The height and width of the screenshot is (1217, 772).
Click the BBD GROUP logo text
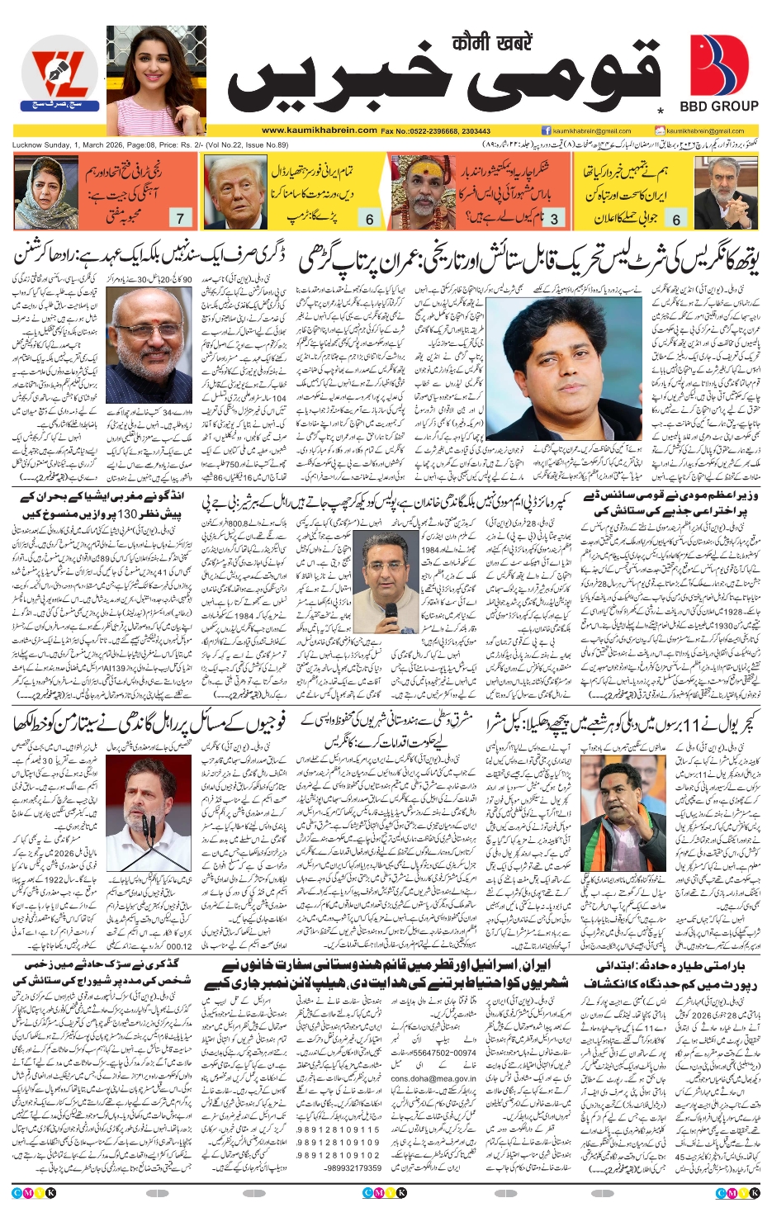[718, 106]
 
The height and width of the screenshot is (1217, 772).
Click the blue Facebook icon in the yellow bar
[546, 130]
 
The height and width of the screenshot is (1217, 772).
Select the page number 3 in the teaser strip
[554, 219]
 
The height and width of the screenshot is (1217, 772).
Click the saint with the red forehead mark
[422, 186]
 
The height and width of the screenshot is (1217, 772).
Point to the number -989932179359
[353, 1168]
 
